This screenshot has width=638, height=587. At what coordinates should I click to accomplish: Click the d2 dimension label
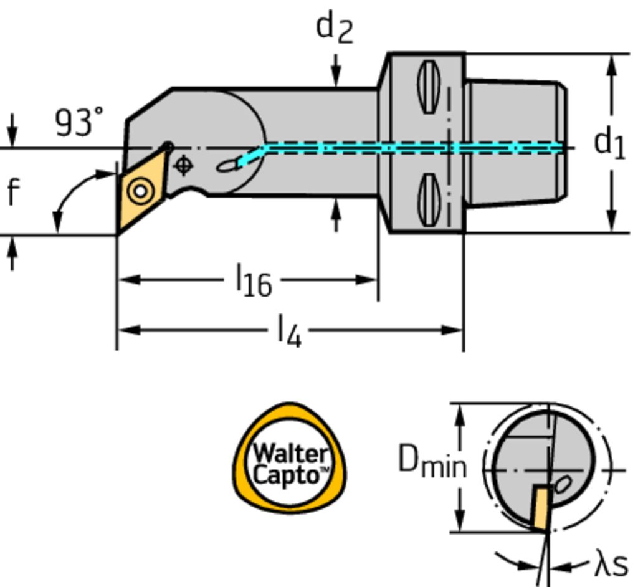pyautogui.click(x=334, y=27)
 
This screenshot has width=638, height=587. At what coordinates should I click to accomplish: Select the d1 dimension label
pyautogui.click(x=609, y=143)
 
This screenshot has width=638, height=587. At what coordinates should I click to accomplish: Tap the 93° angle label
pyautogui.click(x=79, y=122)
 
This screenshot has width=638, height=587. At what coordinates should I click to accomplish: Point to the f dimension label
pyautogui.click(x=12, y=192)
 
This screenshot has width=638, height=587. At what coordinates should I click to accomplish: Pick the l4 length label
pyautogui.click(x=289, y=330)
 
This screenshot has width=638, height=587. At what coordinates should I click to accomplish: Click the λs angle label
pyautogui.click(x=611, y=565)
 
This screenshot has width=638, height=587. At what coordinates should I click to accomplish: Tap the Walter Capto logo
pyautogui.click(x=290, y=459)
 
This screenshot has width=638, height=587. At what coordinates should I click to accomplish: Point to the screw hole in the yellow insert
pyautogui.click(x=140, y=190)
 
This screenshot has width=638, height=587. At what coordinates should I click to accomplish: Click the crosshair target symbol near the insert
pyautogui.click(x=183, y=165)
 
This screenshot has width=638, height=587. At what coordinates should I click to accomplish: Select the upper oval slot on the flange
pyautogui.click(x=429, y=87)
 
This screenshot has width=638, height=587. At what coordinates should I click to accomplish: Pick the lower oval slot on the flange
pyautogui.click(x=429, y=199)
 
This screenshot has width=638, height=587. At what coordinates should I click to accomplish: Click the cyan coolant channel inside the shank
pyautogui.click(x=405, y=148)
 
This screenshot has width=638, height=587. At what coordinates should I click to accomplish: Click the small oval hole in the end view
pyautogui.click(x=563, y=484)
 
